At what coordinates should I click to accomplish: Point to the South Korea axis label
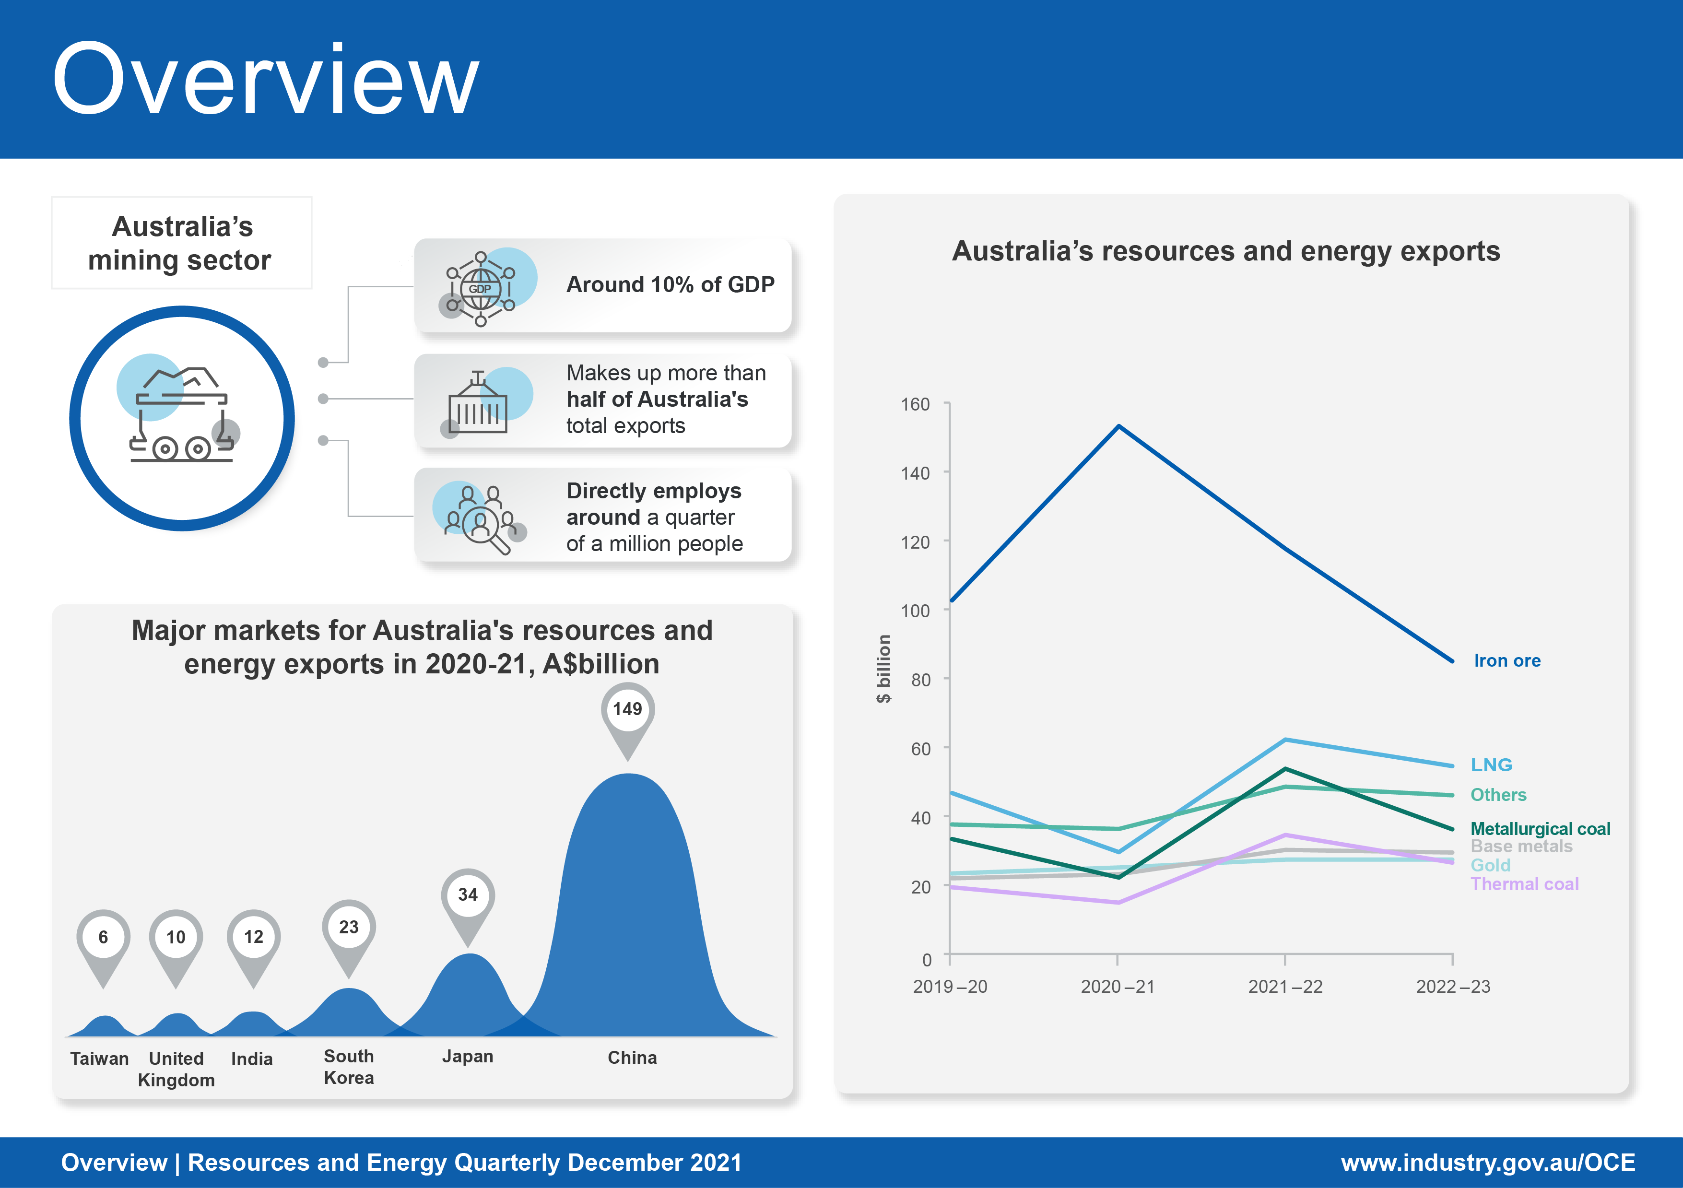pos(349,1067)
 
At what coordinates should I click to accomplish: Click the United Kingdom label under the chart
pos(177,1069)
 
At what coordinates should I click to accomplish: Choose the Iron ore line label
pos(1506,661)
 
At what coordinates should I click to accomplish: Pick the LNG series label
pos(1491,765)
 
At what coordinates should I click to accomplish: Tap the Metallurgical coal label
pos(1539,829)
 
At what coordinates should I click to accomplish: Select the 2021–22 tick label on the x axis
pos(1285,987)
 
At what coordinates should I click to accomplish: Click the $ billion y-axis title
pos(884,669)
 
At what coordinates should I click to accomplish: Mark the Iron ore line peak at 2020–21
pos(1118,426)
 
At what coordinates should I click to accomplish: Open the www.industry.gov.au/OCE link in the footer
pos(1487,1163)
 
